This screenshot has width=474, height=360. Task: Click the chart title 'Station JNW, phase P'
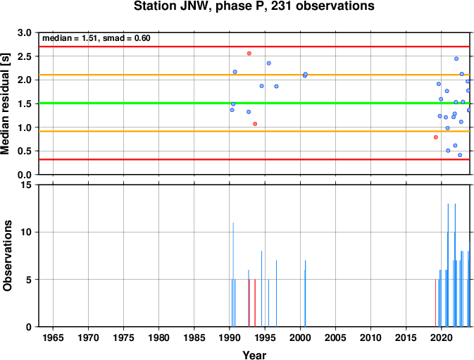click(200, 6)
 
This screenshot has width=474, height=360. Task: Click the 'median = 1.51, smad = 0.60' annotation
click(96, 38)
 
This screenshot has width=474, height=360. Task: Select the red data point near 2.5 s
click(249, 54)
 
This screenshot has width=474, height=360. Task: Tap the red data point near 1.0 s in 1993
click(255, 124)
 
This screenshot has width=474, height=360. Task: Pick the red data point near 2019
click(435, 137)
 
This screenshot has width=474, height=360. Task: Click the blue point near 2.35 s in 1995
click(269, 63)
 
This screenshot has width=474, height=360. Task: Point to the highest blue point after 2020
click(456, 58)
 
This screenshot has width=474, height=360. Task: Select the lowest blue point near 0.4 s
click(460, 155)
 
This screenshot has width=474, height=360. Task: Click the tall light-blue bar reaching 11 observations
click(233, 275)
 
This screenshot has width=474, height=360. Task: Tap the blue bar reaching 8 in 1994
click(261, 289)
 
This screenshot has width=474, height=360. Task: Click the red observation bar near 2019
click(435, 303)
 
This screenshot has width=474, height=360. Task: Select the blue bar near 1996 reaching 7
click(276, 294)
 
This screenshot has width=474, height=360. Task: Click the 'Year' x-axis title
click(254, 355)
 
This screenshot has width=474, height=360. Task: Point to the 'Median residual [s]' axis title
click(5, 104)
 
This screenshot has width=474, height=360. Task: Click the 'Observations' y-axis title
click(7, 256)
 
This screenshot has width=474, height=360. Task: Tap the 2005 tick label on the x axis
click(335, 337)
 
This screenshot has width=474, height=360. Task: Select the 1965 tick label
click(54, 337)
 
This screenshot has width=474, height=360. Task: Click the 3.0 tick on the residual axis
click(25, 32)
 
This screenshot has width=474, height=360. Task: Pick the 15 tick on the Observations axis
click(27, 185)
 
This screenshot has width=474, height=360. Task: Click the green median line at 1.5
click(254, 104)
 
